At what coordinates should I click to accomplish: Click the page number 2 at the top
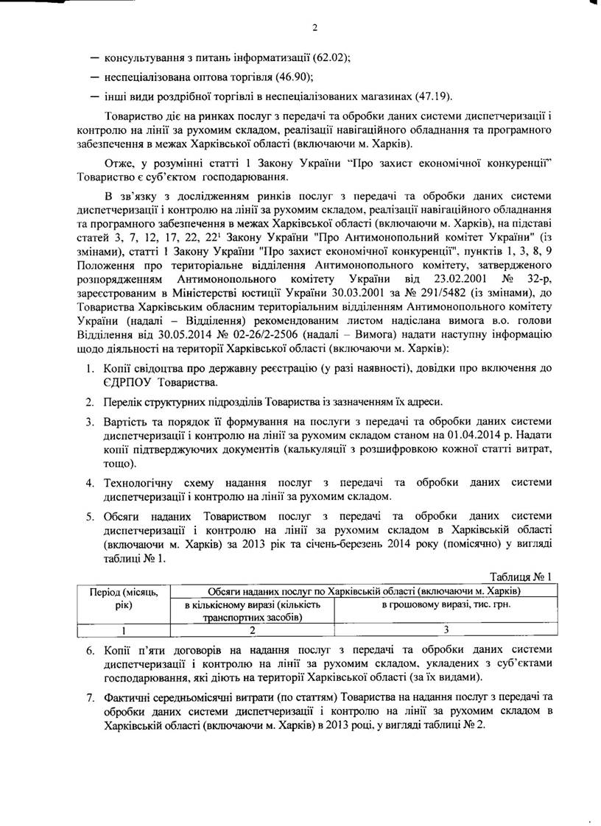pyautogui.click(x=314, y=29)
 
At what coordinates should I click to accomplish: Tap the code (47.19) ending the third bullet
pyautogui.click(x=435, y=96)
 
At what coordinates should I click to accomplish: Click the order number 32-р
pyautogui.click(x=535, y=300)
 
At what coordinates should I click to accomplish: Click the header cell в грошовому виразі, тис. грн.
pyautogui.click(x=446, y=604)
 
